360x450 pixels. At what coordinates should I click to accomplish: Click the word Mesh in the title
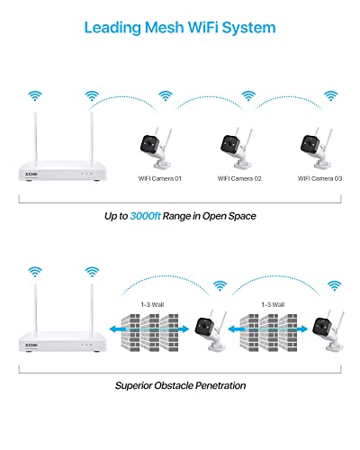pyautogui.click(x=164, y=27)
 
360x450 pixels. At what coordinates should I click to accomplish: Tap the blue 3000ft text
pyautogui.click(x=145, y=216)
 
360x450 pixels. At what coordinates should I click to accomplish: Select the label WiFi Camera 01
pyautogui.click(x=160, y=178)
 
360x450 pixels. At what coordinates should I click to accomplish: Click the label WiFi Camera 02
pyautogui.click(x=239, y=178)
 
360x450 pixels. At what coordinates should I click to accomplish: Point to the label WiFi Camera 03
pyautogui.click(x=319, y=178)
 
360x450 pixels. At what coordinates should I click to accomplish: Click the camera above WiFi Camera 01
pyautogui.click(x=156, y=148)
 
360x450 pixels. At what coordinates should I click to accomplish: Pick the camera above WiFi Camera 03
pyautogui.click(x=317, y=148)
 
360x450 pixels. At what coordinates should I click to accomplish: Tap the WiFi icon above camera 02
pyautogui.click(x=248, y=95)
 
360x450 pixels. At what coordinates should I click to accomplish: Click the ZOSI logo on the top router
pyautogui.click(x=31, y=174)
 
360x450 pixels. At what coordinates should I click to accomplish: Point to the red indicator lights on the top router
pyautogui.click(x=86, y=174)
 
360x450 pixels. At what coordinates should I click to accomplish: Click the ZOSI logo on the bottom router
pyautogui.click(x=31, y=345)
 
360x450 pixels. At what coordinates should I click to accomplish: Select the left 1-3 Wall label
pyautogui.click(x=152, y=305)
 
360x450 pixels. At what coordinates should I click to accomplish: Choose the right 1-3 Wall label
pyautogui.click(x=273, y=305)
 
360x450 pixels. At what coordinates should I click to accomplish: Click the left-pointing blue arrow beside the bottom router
pyautogui.click(x=118, y=329)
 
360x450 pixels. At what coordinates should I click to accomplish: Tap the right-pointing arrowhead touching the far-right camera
pyautogui.click(x=303, y=329)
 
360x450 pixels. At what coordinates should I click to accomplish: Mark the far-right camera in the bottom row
pyautogui.click(x=328, y=330)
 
